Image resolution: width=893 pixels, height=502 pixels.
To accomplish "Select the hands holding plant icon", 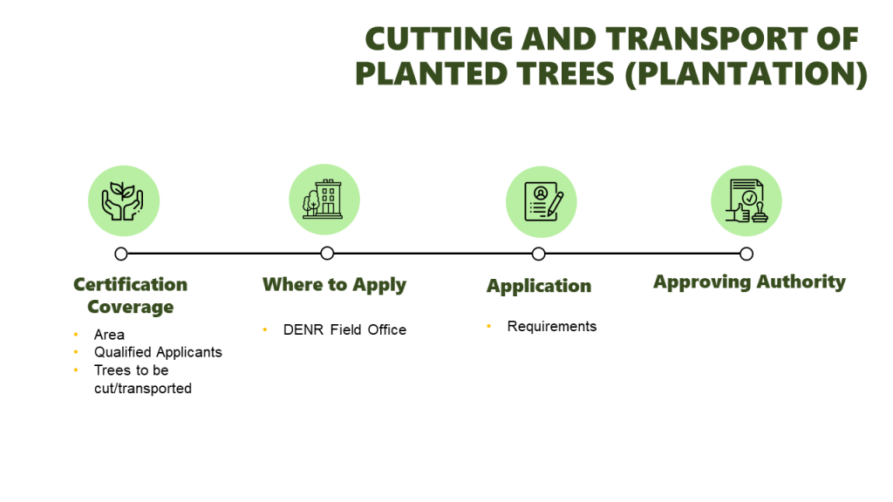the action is (x=122, y=201).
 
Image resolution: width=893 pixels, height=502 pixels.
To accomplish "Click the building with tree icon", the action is (x=323, y=200).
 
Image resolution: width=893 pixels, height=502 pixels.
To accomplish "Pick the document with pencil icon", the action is (x=542, y=201).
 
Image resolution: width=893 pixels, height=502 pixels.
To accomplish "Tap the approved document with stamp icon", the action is (x=746, y=200).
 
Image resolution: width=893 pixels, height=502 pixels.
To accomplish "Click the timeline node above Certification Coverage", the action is (x=120, y=254).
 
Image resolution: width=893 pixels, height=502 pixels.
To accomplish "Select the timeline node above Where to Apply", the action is (x=327, y=254).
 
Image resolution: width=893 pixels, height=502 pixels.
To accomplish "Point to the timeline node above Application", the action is (x=538, y=254).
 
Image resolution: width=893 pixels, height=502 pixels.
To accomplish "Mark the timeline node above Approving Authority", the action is (x=746, y=254).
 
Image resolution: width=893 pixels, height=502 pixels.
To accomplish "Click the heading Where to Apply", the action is (x=334, y=285).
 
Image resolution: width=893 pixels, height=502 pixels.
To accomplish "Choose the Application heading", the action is (x=539, y=286).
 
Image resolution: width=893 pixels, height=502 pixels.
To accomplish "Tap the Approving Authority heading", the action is (x=749, y=282).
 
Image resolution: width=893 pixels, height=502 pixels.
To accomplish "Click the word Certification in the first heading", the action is (x=131, y=284).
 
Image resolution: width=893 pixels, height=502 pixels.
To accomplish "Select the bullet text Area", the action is (x=109, y=335).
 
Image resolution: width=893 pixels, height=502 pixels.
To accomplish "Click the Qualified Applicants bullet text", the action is (x=158, y=352).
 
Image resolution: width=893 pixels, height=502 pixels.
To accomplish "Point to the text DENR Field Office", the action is (x=344, y=329).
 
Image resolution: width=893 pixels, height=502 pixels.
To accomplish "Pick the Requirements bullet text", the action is (x=552, y=326).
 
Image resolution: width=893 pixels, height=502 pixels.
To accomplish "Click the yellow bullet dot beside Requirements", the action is (x=488, y=326).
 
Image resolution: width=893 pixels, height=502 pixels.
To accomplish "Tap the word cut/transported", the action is (x=143, y=388).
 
